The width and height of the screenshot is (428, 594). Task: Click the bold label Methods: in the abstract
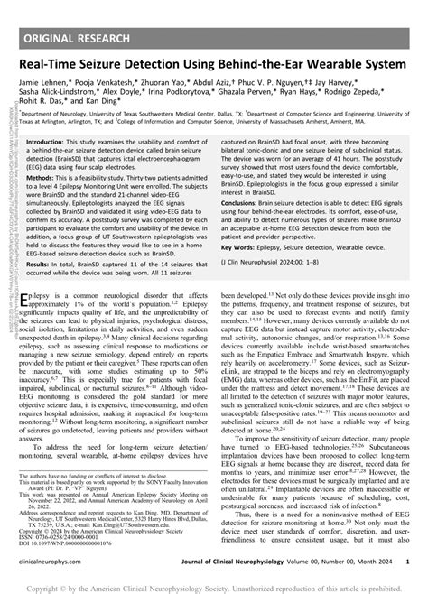tap(68, 179)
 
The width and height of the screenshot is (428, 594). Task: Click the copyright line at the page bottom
tap(214, 585)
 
